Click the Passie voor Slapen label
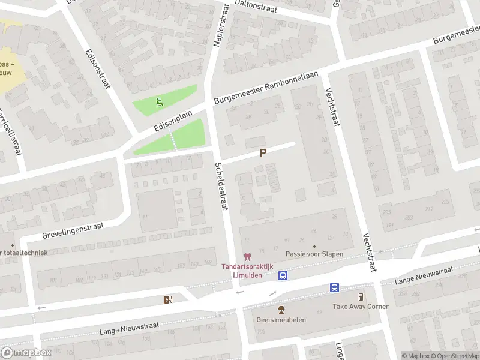[314, 254]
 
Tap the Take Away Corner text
[361, 307]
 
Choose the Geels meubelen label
[281, 320]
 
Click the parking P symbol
[262, 154]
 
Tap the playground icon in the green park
[158, 101]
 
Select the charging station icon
[168, 299]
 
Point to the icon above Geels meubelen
[281, 310]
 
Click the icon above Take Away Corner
[361, 296]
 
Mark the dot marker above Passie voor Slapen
[314, 246]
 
